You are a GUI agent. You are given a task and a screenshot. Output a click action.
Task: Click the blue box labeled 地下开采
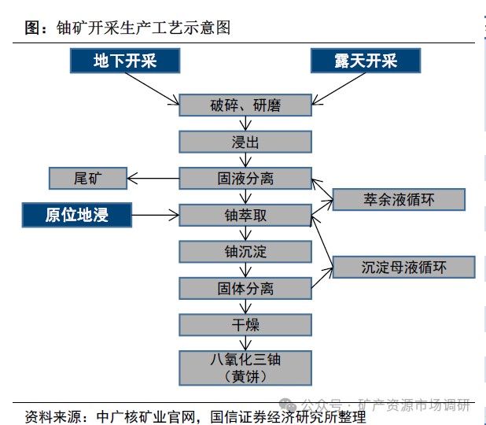pos(125,61)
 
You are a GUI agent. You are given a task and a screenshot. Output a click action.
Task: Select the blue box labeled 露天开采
pos(365,61)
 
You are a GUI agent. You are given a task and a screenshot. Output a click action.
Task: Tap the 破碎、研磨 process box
pos(245,105)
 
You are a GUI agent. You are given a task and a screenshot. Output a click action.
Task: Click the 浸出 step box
pos(245,142)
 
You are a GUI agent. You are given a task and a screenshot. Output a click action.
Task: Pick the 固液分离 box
pos(245,179)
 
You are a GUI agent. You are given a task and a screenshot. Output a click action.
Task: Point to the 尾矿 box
pos(87,179)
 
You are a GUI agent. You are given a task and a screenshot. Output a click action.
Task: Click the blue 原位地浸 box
pos(76,215)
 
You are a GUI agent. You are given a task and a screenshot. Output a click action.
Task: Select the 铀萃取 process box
pos(245,215)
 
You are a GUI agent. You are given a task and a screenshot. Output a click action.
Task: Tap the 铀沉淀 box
pos(245,252)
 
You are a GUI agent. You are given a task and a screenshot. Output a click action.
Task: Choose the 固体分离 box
pos(245,288)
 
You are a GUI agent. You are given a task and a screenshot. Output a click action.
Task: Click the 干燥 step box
pos(245,324)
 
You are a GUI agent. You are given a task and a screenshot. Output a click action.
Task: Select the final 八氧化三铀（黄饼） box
pos(245,368)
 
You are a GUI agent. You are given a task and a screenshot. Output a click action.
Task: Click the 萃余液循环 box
pos(399,199)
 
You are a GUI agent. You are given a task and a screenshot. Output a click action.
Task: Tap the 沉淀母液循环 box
pos(404,267)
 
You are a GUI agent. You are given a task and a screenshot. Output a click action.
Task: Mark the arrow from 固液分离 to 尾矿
pos(153,179)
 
